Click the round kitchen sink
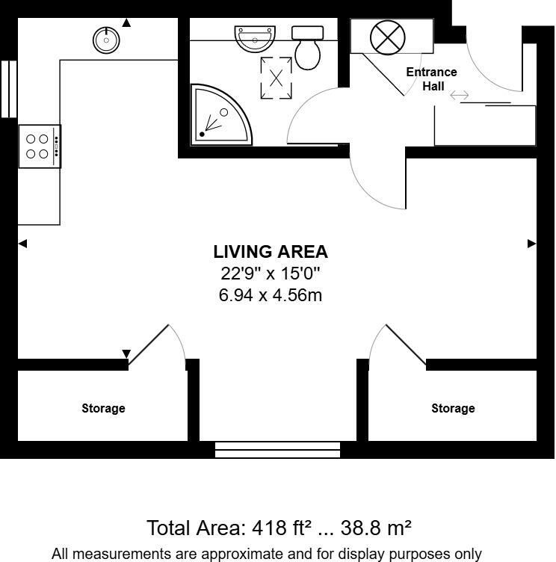tap(107, 40)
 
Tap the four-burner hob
tap(39, 146)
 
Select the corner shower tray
tap(217, 117)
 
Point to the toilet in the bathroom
tap(307, 48)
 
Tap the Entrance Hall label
tap(431, 78)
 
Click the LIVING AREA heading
tap(271, 252)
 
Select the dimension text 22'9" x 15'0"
tap(271, 274)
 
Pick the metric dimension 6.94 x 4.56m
tap(271, 295)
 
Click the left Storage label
tap(103, 409)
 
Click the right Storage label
tap(453, 409)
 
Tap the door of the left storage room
tap(149, 345)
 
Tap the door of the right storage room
tap(405, 345)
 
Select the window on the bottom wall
tap(277, 449)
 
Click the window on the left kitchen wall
tap(8, 89)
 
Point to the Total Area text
tap(279, 528)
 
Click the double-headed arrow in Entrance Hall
tap(459, 96)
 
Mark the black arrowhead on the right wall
tap(532, 243)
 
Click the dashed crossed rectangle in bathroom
tap(276, 77)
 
